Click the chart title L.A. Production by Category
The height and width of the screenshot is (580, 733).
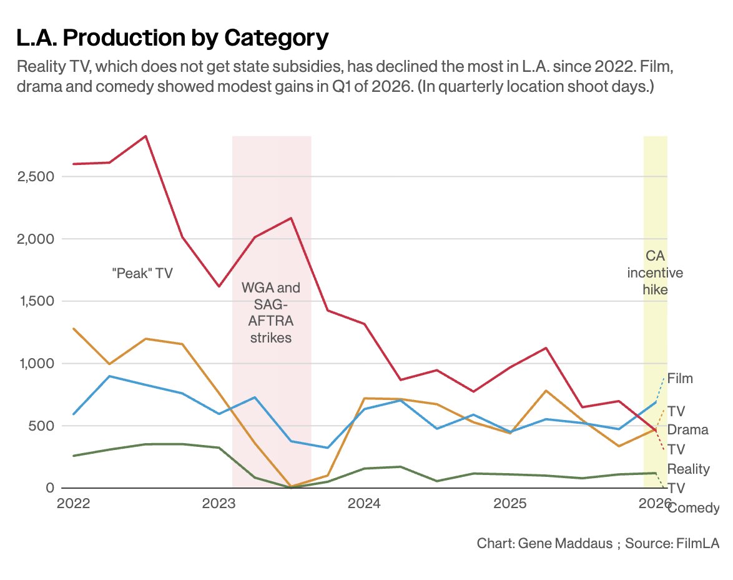coord(172,39)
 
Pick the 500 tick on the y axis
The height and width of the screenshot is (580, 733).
coord(43,426)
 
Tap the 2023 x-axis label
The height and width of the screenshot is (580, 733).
coord(219,504)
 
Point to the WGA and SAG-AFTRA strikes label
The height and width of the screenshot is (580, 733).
coord(271,312)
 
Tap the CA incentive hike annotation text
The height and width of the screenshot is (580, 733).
coord(655,272)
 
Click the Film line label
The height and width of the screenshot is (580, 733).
coord(680,379)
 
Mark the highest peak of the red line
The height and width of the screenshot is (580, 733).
coord(145,136)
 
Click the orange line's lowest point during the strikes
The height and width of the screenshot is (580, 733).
coord(291,486)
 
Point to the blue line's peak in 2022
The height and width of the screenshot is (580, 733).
coord(109,376)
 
